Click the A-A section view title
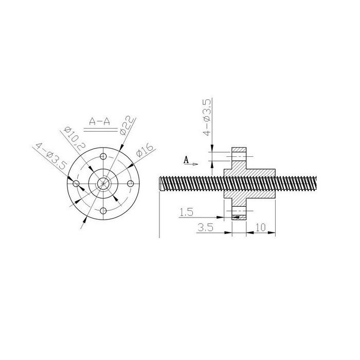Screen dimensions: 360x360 coord(99,121)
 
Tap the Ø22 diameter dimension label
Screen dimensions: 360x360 coord(127,125)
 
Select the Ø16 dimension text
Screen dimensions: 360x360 coord(145,150)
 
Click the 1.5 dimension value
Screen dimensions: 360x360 coord(186,212)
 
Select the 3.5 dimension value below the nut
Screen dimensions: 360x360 coord(206,227)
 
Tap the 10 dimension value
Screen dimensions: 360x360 coord(260,227)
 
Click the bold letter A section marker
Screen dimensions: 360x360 coord(186,160)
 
